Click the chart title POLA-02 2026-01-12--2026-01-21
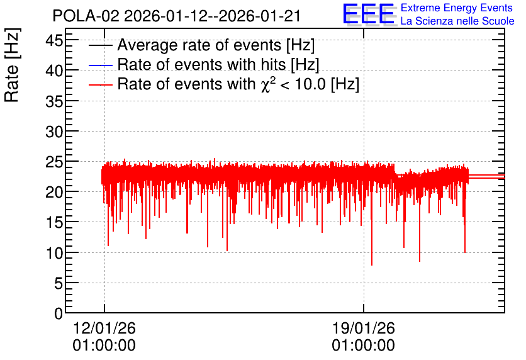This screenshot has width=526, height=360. coord(176,16)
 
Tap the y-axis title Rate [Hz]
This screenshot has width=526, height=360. coord(12,65)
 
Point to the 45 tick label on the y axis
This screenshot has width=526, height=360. coord(54,41)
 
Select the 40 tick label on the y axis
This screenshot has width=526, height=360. coord(54,70)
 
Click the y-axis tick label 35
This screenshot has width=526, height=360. coord(54,101)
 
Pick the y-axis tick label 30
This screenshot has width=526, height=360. coord(54,132)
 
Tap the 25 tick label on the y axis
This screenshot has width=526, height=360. coord(54,162)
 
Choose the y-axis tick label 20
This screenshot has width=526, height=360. coord(54,193)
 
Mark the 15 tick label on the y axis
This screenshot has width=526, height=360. coord(54,222)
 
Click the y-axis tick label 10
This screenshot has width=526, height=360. coord(54,253)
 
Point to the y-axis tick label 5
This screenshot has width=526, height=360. coord(59,283)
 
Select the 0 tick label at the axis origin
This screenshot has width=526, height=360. coord(59,313)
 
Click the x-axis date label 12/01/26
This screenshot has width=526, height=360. coord(104,328)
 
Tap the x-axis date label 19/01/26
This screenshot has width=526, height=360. coord(364,328)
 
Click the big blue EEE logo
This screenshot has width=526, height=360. coord(369,14)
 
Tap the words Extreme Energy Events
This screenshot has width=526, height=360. coord(457,8)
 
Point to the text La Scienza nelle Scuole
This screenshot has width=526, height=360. coord(457,21)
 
